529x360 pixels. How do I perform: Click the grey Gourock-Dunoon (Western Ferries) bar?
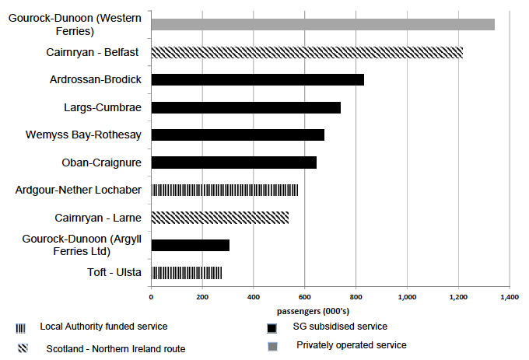click(x=323, y=24)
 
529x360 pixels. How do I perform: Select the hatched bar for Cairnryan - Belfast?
click(x=307, y=52)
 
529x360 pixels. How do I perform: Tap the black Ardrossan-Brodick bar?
click(x=257, y=79)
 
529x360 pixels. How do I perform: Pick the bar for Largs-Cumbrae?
click(x=246, y=107)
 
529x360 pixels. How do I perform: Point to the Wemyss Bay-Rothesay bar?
click(x=237, y=135)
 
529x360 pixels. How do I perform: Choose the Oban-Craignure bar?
click(x=233, y=163)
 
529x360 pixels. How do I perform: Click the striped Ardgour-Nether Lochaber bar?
click(x=224, y=190)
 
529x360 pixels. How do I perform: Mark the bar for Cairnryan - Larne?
click(x=219, y=218)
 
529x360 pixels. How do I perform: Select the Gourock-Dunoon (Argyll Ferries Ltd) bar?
click(x=190, y=246)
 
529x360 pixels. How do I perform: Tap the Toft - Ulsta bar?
click(x=186, y=273)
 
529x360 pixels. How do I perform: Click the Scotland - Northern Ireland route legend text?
click(x=116, y=349)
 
